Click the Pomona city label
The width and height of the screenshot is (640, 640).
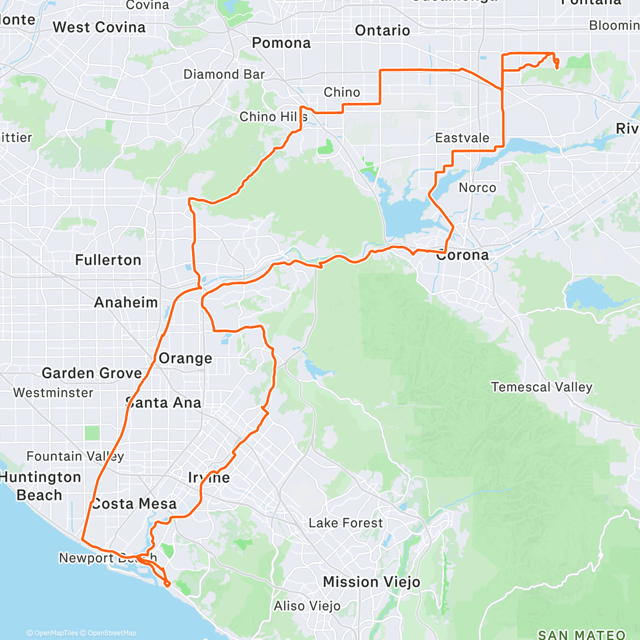click(281, 43)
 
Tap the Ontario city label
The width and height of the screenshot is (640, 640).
click(382, 30)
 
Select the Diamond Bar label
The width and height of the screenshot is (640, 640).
click(224, 74)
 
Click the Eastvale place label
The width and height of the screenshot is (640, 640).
click(462, 138)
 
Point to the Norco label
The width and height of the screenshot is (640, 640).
click(477, 188)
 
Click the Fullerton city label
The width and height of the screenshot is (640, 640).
click(108, 260)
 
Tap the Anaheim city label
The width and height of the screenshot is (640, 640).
click(126, 302)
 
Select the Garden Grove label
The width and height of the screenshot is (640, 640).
click(92, 373)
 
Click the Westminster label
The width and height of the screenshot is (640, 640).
click(53, 393)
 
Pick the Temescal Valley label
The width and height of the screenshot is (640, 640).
click(541, 387)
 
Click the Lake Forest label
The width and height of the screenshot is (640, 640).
click(346, 523)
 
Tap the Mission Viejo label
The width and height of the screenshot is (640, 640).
click(371, 582)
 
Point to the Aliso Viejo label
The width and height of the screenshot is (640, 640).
click(307, 606)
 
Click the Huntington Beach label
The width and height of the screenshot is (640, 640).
click(41, 486)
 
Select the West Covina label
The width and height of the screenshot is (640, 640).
click(99, 27)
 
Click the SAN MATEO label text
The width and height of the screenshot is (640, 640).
click(581, 634)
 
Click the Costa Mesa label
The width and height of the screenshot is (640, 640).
click(134, 503)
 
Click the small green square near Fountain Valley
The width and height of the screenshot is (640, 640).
click(92, 433)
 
